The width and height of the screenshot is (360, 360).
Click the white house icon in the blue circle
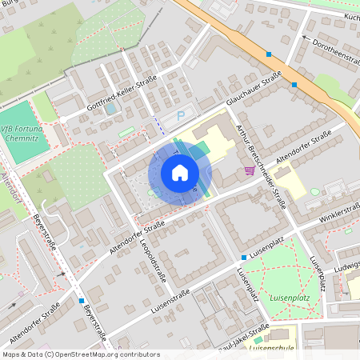[179, 173]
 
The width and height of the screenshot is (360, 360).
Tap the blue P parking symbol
[181, 116]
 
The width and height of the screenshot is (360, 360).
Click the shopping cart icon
[250, 170]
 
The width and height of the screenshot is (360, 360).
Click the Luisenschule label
[272, 349]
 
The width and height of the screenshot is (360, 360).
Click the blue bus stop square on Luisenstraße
[243, 258]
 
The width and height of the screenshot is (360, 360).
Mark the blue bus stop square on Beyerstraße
[82, 302]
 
